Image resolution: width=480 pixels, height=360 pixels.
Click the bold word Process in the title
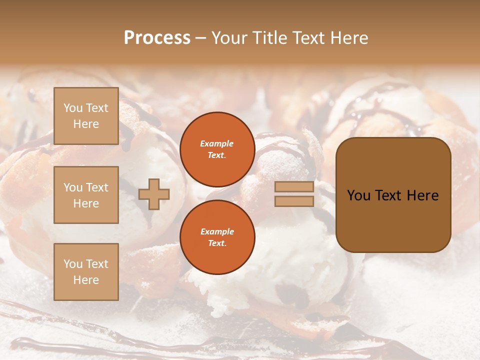[x=157, y=38]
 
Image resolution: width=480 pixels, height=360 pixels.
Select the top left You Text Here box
[x=86, y=116]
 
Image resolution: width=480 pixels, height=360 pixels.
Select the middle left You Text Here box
[x=86, y=195]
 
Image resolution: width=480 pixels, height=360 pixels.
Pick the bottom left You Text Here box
[x=86, y=272]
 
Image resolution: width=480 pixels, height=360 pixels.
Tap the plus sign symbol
[x=154, y=193]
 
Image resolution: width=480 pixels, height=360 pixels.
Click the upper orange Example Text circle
[x=217, y=149]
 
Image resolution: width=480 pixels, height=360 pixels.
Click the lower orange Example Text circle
[x=217, y=237]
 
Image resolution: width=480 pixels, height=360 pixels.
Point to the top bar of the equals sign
[x=294, y=187]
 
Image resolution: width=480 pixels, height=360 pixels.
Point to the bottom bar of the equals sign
[x=294, y=201]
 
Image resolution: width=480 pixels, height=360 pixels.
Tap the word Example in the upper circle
[x=217, y=143]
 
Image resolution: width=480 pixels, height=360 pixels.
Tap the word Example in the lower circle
[x=217, y=231]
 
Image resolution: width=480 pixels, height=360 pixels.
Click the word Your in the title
[x=229, y=38]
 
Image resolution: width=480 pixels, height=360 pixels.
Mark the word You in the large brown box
[x=359, y=195]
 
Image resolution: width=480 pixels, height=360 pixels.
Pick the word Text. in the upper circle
[x=217, y=155]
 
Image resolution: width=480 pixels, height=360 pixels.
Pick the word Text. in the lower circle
[x=217, y=243]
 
